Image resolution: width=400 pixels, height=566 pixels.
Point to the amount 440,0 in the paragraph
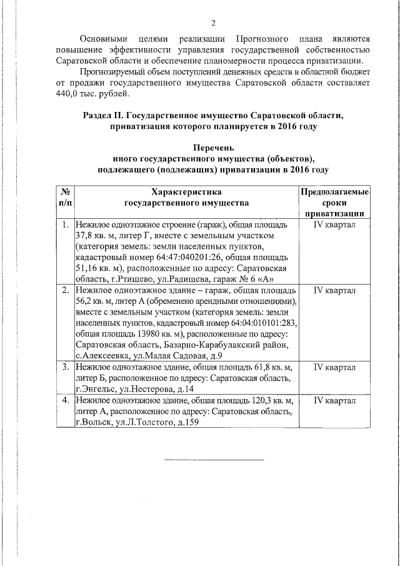(67, 94)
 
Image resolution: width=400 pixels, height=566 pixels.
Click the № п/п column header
(65, 198)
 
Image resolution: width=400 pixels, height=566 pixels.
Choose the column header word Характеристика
(186, 192)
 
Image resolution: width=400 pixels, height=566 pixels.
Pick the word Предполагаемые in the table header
(335, 192)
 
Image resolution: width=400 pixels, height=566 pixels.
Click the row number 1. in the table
(65, 224)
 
